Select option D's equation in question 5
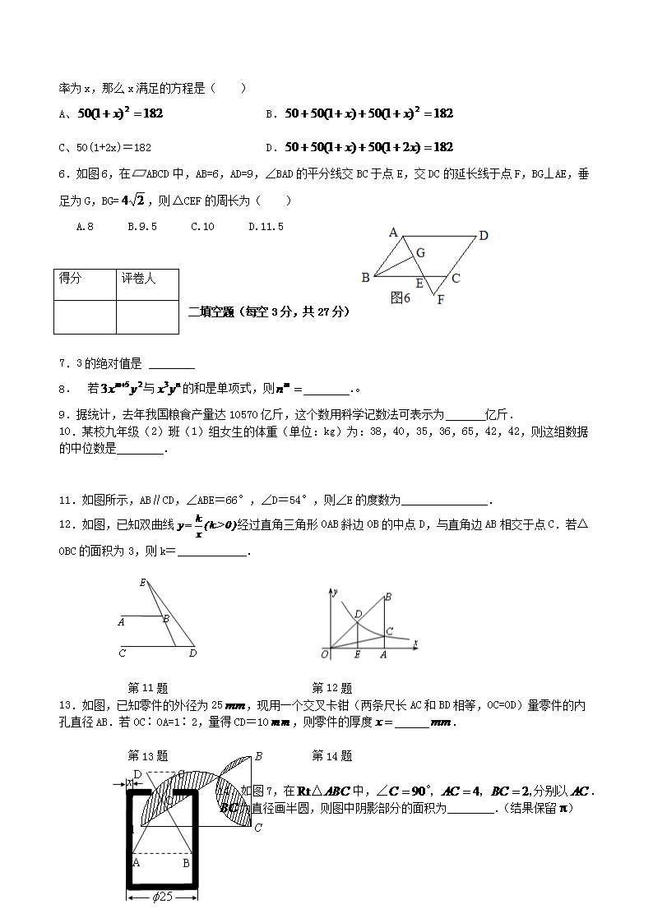click(x=369, y=147)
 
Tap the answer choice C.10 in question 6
click(x=202, y=226)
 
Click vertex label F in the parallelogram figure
click(x=440, y=300)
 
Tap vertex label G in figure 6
click(x=419, y=253)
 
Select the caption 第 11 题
click(x=148, y=688)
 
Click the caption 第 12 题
click(x=331, y=688)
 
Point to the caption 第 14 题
click(x=331, y=755)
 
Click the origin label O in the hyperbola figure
click(x=325, y=654)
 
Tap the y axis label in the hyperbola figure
click(x=336, y=591)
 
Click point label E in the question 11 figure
click(x=142, y=583)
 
